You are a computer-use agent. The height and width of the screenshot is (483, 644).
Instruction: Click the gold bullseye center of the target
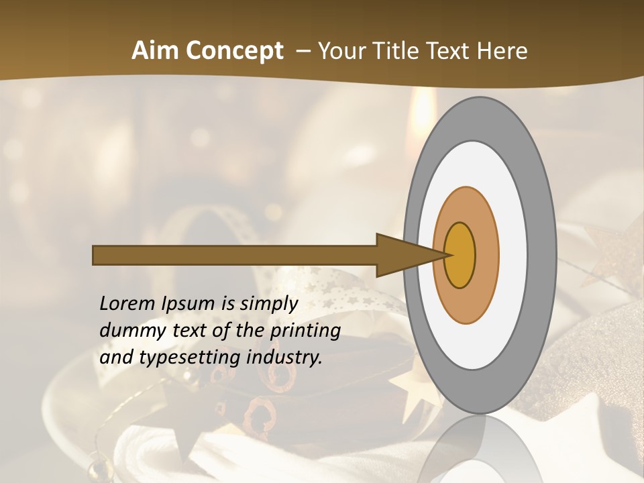(460, 256)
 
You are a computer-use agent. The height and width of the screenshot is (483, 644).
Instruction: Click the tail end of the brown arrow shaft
(97, 256)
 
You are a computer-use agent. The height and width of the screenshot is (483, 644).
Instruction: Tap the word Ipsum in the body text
(189, 305)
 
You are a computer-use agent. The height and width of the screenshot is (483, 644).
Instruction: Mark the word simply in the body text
(269, 305)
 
